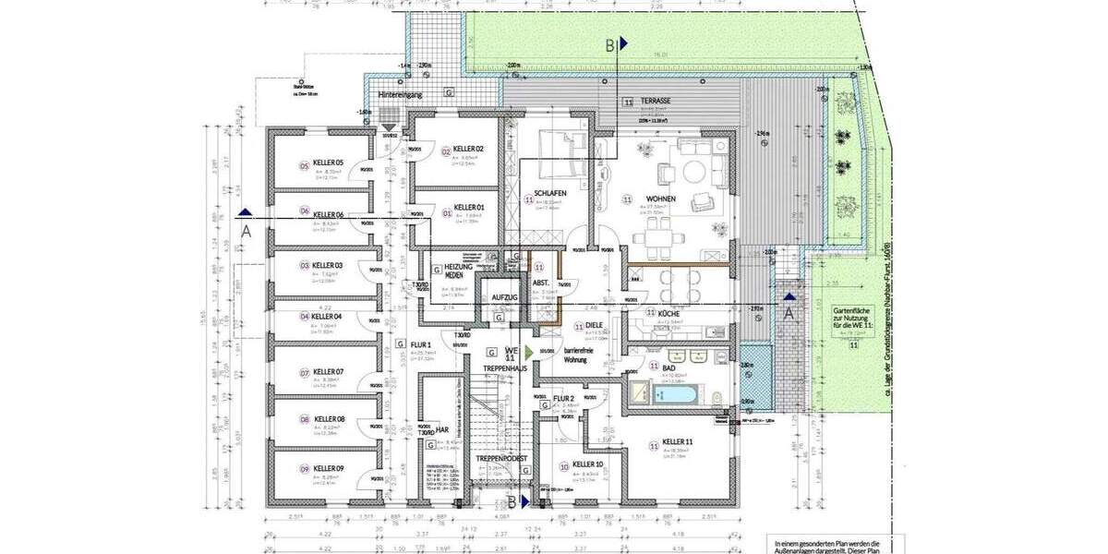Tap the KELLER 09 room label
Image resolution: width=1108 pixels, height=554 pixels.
pos(328,468)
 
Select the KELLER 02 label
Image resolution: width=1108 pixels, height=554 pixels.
pos(469,149)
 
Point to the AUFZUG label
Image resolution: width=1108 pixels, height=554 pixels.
pos(504,296)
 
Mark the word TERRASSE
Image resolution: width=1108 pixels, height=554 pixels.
pos(658,100)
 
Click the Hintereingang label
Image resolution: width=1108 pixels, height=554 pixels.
pos(400,94)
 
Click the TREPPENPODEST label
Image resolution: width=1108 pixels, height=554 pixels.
pos(501,458)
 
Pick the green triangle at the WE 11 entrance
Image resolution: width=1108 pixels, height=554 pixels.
pos(527,352)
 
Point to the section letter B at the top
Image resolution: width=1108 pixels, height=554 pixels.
pos(610,44)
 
